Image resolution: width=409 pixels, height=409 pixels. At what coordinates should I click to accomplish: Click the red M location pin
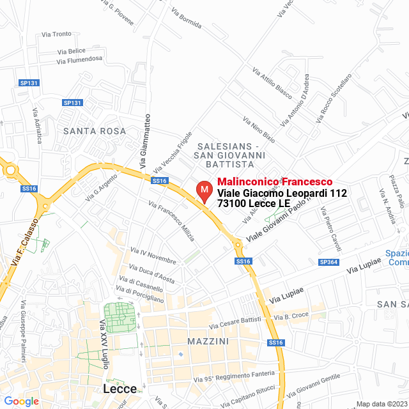(x=204, y=190)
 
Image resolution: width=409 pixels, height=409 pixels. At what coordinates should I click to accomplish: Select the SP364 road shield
(x=328, y=262)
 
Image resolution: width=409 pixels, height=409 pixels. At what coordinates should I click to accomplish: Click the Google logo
(x=21, y=401)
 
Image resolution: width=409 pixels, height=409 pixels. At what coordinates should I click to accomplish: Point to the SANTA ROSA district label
(x=95, y=130)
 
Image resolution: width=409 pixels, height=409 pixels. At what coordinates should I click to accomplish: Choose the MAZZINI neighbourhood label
(x=208, y=341)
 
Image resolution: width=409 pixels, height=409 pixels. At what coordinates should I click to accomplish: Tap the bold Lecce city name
(x=120, y=389)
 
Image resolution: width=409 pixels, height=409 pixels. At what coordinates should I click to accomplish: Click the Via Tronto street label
(x=56, y=35)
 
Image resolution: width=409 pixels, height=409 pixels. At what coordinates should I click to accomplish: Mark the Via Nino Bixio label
(x=259, y=128)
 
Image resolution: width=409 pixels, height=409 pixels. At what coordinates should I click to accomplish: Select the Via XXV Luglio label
(x=104, y=344)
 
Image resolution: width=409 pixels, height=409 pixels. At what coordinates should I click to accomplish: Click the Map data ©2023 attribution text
(x=382, y=404)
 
